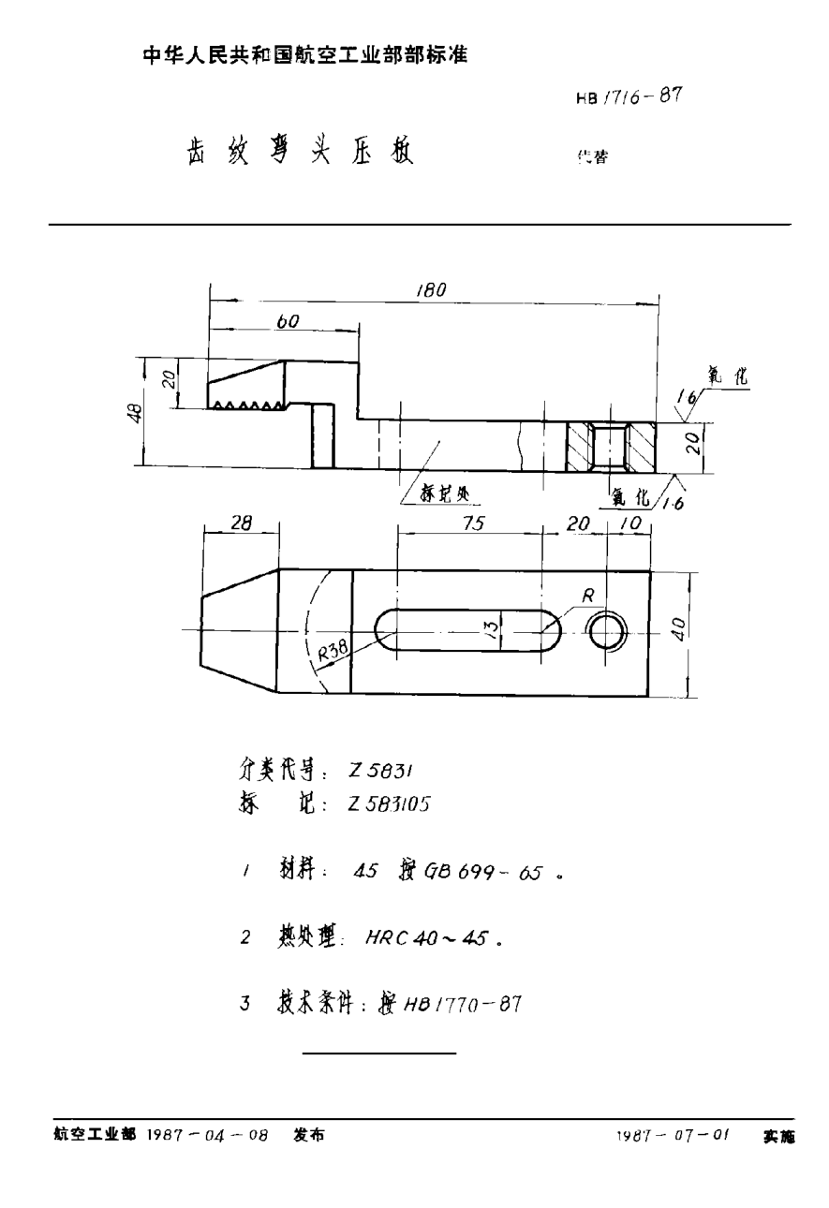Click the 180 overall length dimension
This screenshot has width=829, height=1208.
(x=433, y=290)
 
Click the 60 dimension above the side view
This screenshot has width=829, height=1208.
(x=288, y=321)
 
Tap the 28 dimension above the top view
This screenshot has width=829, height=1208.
(x=241, y=525)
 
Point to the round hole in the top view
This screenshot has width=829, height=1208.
(x=607, y=633)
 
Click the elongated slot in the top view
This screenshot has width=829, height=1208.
(x=468, y=628)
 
